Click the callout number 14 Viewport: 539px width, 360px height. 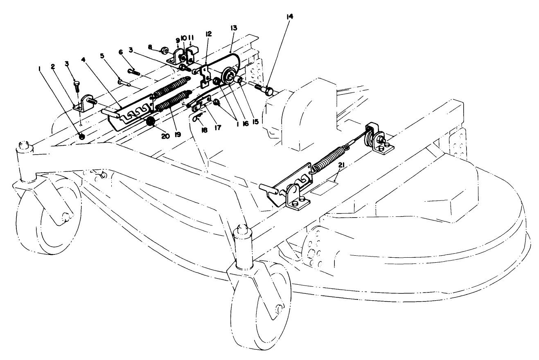(x=290, y=16)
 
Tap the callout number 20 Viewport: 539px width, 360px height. (x=165, y=136)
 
